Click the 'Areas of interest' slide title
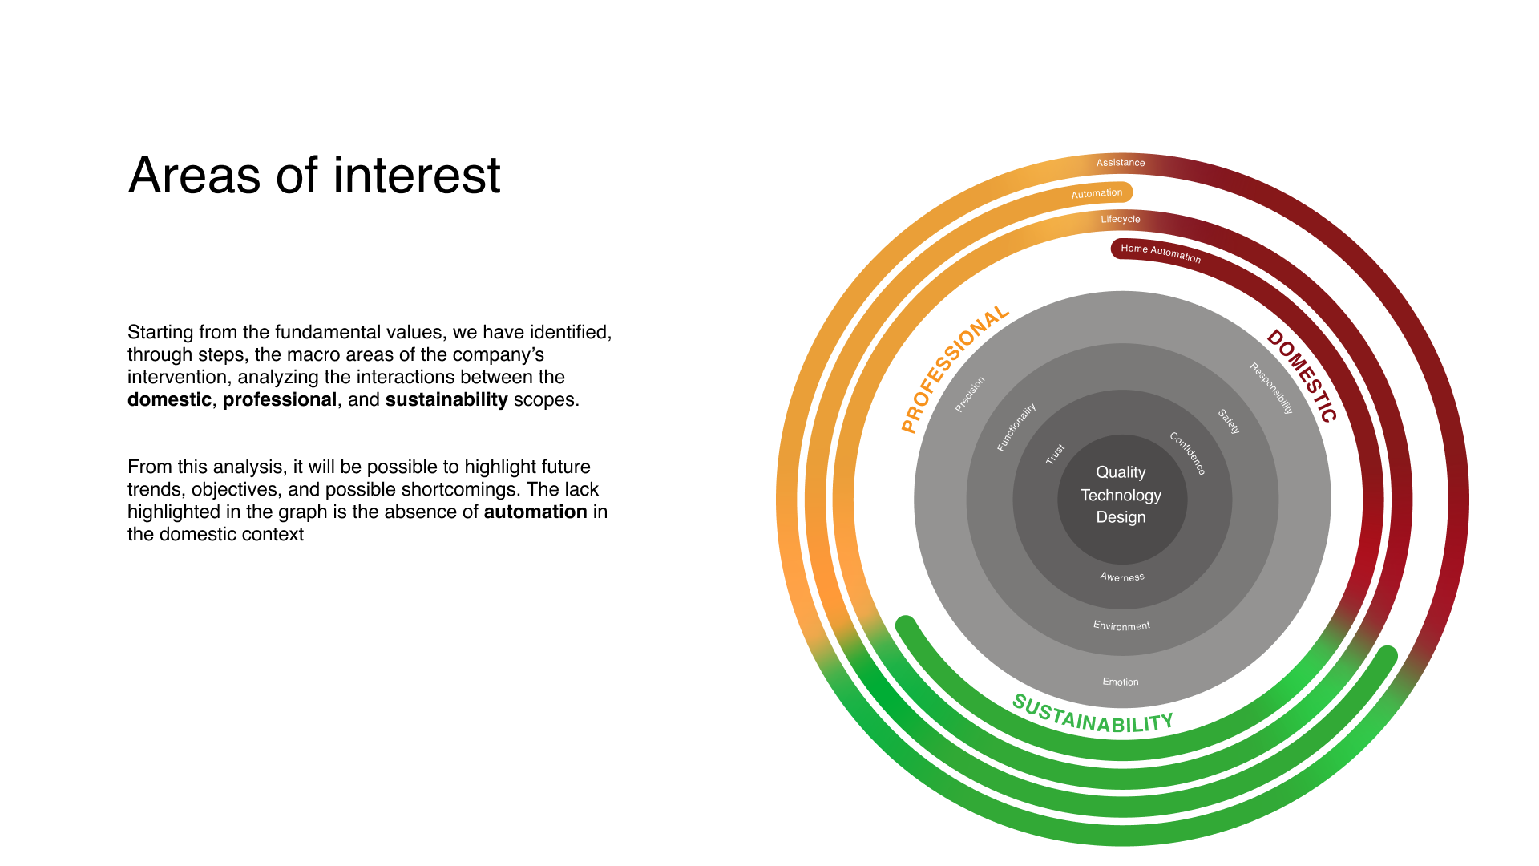(x=314, y=175)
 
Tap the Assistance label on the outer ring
(x=1121, y=163)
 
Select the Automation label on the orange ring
(x=1097, y=193)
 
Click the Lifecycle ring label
(x=1121, y=219)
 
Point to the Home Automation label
(x=1161, y=253)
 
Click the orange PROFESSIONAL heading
(x=954, y=369)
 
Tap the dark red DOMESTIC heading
(x=1303, y=375)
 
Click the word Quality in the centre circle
(x=1121, y=472)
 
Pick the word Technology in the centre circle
(x=1121, y=495)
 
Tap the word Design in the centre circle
(x=1121, y=517)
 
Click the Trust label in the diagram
(x=1055, y=454)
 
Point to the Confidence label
(x=1188, y=453)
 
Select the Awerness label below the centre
(x=1122, y=577)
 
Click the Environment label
(x=1121, y=625)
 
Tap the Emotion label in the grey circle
(x=1121, y=682)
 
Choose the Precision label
(x=970, y=395)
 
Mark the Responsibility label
(x=1272, y=388)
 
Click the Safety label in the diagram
(x=1229, y=421)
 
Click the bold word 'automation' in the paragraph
(x=535, y=512)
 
